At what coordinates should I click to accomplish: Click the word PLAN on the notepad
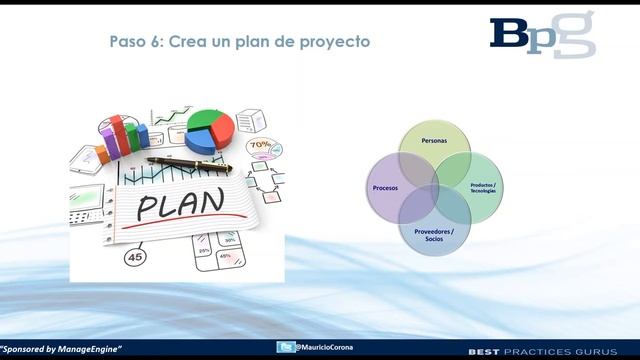(181, 205)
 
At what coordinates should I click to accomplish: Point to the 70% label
(259, 144)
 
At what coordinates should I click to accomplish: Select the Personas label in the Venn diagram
(434, 142)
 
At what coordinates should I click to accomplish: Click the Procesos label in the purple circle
(385, 188)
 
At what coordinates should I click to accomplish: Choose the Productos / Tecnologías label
(482, 188)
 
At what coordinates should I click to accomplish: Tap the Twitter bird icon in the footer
(287, 347)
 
